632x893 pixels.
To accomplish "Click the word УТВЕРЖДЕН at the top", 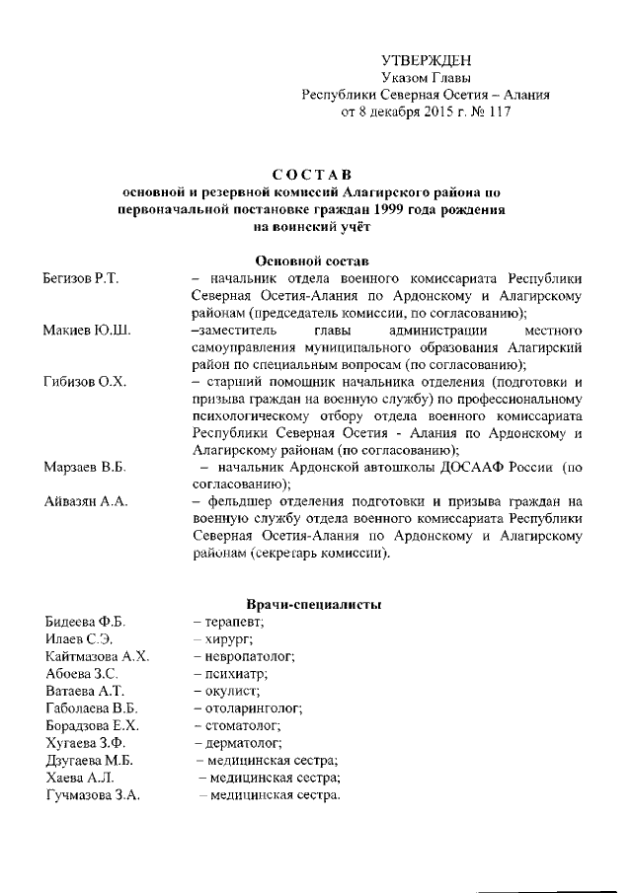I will point(426,60).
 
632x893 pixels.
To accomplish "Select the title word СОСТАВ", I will point(311,175).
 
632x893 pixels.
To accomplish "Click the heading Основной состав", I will point(311,261).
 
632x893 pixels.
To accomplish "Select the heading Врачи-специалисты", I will point(312,603).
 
